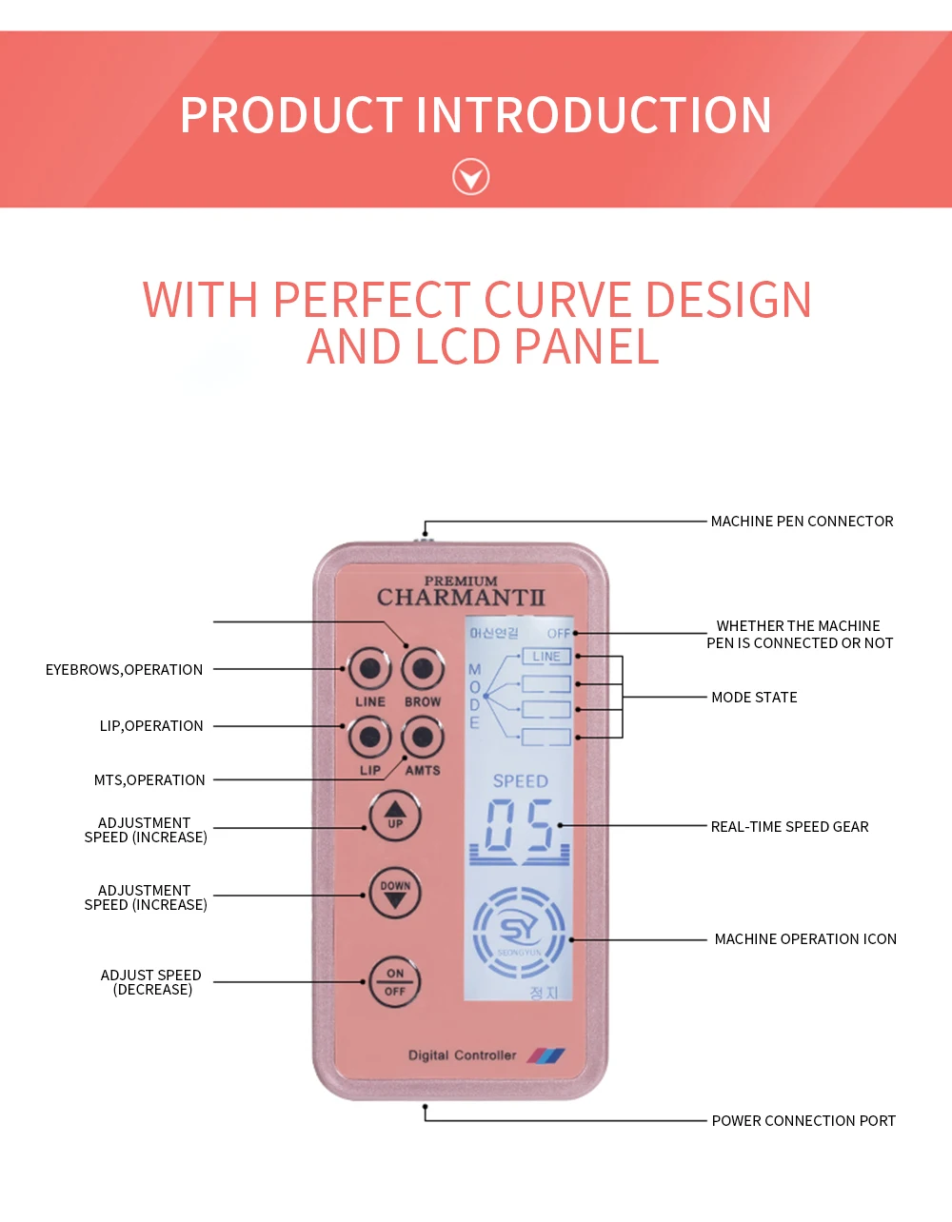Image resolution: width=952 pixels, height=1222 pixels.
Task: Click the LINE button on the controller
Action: pyautogui.click(x=369, y=669)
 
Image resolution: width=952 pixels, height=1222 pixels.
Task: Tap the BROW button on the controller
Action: pyautogui.click(x=423, y=669)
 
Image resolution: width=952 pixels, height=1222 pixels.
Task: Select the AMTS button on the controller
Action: pyautogui.click(x=423, y=737)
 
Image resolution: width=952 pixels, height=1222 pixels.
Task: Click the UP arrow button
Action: pyautogui.click(x=395, y=816)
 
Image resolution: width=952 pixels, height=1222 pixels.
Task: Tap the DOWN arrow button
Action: pyautogui.click(x=395, y=894)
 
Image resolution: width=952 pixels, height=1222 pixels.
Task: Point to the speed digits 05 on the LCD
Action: pyautogui.click(x=519, y=826)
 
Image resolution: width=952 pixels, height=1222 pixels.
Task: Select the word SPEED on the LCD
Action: pyautogui.click(x=520, y=781)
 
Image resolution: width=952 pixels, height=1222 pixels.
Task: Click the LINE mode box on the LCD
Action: pyautogui.click(x=546, y=657)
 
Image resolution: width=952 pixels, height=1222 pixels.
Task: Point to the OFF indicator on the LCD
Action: pyautogui.click(x=559, y=633)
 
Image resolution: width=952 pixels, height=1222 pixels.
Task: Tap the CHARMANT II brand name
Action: pyautogui.click(x=461, y=598)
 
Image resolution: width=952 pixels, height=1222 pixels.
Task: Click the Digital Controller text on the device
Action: pyautogui.click(x=462, y=1055)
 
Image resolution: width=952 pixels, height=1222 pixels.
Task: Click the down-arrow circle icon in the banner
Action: pyautogui.click(x=470, y=177)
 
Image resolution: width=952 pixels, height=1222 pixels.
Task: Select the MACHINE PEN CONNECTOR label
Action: pyautogui.click(x=802, y=522)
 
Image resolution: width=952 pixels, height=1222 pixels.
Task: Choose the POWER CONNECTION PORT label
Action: pyautogui.click(x=803, y=1121)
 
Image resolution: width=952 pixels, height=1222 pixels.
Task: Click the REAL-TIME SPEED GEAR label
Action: pyautogui.click(x=789, y=827)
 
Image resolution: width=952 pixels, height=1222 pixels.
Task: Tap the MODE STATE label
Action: pyautogui.click(x=754, y=698)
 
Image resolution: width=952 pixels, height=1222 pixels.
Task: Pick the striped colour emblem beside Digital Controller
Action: pyautogui.click(x=546, y=1055)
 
